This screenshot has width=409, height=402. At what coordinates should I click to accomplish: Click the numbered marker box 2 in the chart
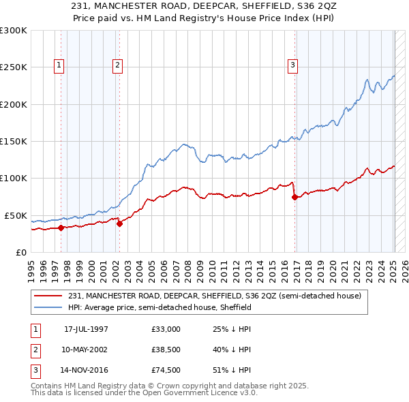117,65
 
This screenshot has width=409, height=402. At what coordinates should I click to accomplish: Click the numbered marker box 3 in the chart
292,65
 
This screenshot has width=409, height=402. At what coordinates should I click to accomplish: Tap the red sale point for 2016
294,198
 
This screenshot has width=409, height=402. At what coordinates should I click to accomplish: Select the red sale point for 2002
119,223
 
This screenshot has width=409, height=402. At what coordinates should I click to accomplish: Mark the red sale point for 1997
61,228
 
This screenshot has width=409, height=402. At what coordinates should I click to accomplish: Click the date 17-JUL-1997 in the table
86,329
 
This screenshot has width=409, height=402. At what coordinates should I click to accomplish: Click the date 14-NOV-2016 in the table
86,370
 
